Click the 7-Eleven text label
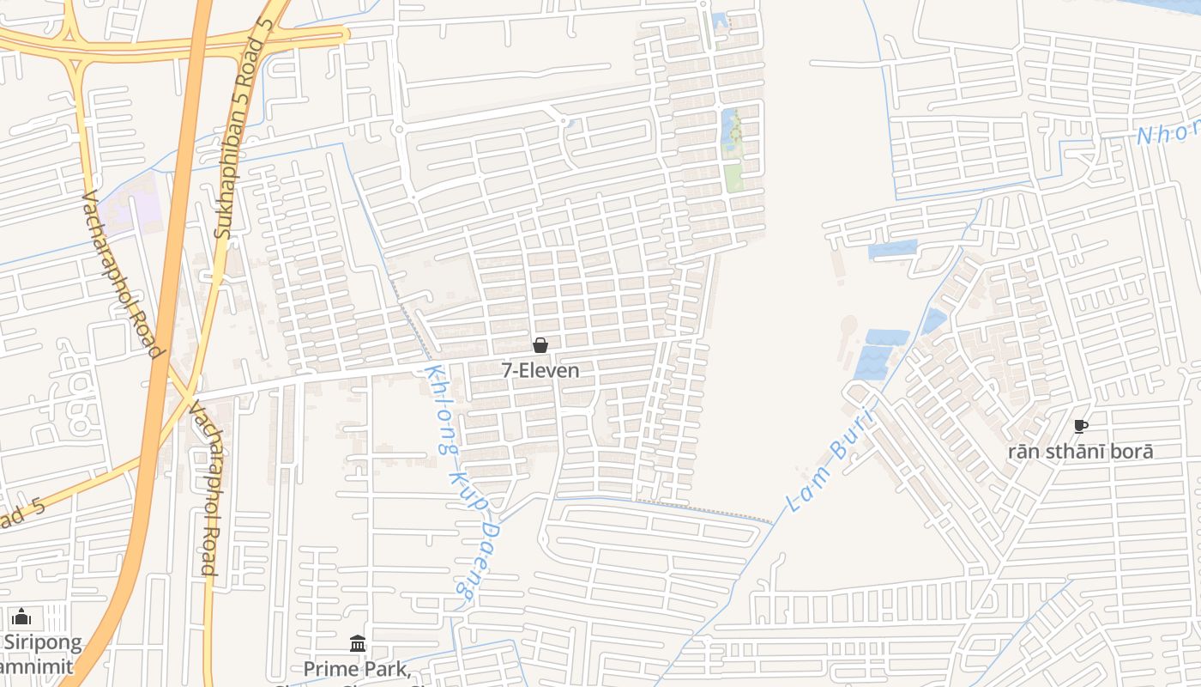point(540,371)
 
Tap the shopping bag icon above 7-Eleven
point(540,345)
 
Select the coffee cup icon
point(1081,426)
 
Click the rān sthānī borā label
point(1081,452)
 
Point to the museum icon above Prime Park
point(358,643)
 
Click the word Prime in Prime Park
point(327,668)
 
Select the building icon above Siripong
point(21,617)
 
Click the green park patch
point(733,178)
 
